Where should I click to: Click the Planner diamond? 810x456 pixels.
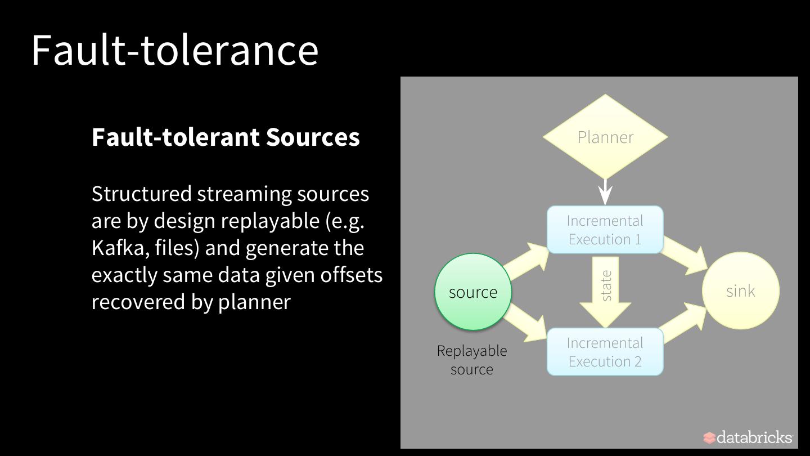pos(605,137)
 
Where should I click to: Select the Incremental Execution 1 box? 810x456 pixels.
pos(605,230)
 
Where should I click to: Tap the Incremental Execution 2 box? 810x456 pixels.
pos(605,352)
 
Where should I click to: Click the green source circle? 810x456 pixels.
pos(473,292)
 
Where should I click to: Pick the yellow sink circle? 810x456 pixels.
pos(740,291)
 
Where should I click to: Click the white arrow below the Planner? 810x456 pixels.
pos(605,191)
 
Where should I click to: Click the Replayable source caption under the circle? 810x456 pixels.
pos(472,360)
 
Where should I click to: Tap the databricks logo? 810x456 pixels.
pos(748,437)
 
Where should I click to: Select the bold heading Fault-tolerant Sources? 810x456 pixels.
pos(226,137)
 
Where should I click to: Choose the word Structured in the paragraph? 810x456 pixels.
pos(141,194)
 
